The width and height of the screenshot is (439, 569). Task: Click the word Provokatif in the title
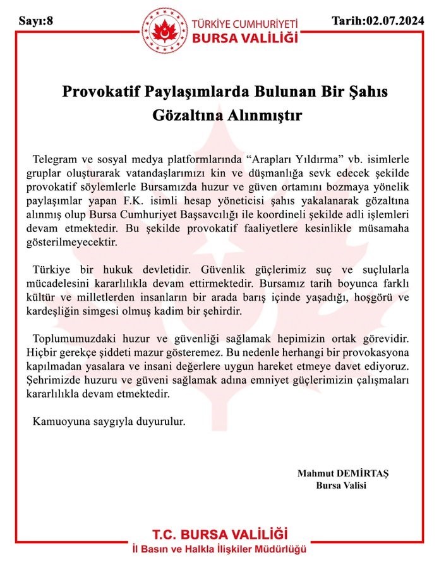pyautogui.click(x=102, y=92)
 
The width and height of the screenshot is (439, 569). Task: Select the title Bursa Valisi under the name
pyautogui.click(x=341, y=484)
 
